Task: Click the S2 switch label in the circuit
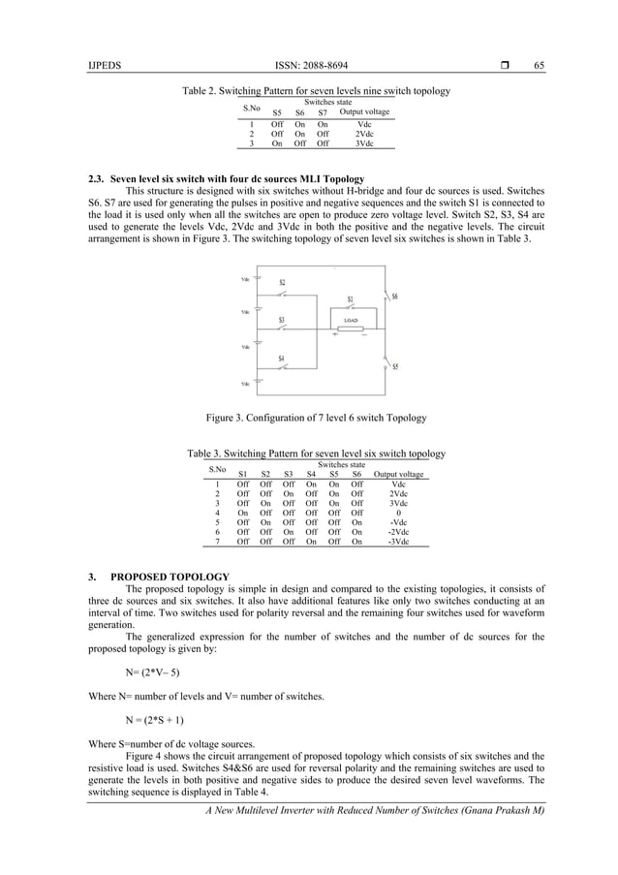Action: [x=282, y=283]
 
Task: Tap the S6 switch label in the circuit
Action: [x=394, y=297]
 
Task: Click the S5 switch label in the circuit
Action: [x=394, y=367]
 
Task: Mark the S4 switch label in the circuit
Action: [x=282, y=359]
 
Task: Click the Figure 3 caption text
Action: [x=316, y=418]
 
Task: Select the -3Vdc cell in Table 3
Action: [x=398, y=543]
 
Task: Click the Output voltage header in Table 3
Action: [x=398, y=475]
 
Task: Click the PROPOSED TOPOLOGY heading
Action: [x=170, y=578]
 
